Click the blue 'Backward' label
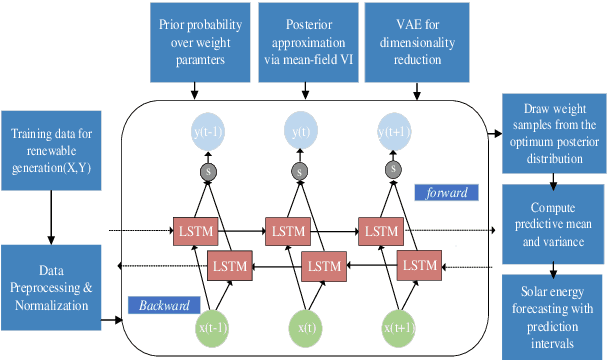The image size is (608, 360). click(x=163, y=304)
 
